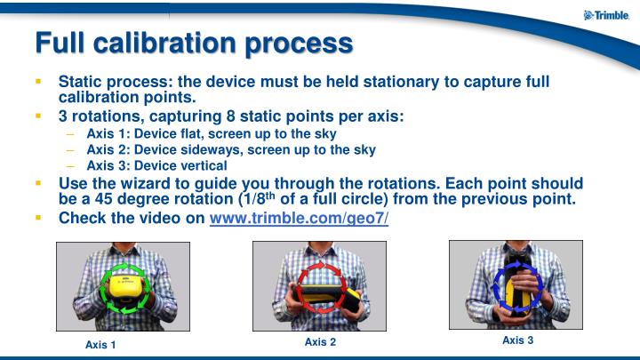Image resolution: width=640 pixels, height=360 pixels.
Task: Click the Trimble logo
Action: tap(606, 15)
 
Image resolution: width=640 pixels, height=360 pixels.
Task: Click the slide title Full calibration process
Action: tap(193, 42)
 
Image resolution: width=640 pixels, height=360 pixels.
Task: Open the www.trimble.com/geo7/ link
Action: tap(299, 218)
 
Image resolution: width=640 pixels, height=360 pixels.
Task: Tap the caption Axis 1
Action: tap(100, 344)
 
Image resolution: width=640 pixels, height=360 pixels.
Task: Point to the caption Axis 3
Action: tap(517, 340)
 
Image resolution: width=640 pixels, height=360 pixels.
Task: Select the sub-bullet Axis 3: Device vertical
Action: tap(156, 164)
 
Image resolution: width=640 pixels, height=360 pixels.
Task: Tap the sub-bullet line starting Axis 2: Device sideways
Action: tap(231, 149)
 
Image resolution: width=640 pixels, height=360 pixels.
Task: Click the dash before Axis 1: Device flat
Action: tap(70, 134)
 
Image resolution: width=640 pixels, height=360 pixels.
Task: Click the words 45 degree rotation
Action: tap(156, 199)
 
